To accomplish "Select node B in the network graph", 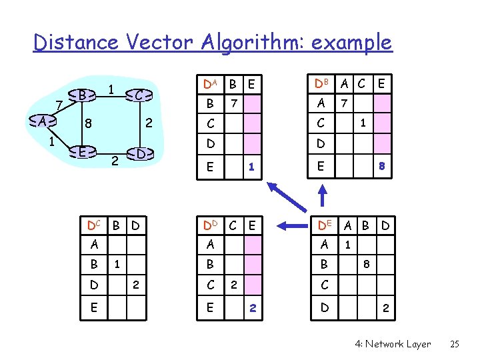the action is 81,96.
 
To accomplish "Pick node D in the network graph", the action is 140,154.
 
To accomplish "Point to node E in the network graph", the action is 81,151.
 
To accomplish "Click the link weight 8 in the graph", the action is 87,123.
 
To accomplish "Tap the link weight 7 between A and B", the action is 59,105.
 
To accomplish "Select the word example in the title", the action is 353,43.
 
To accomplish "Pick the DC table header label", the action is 96,225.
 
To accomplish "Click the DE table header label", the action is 325,225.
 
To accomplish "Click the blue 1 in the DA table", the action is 251,167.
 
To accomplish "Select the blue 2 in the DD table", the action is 252,308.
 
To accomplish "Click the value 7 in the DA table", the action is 233,104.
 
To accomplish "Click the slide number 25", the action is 455,344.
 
